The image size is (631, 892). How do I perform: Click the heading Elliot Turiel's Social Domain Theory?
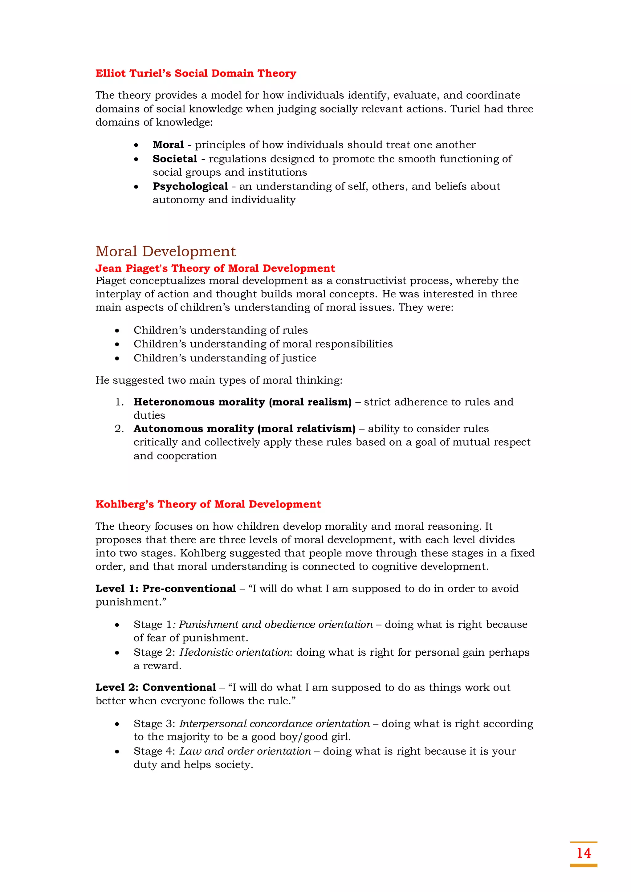click(x=196, y=73)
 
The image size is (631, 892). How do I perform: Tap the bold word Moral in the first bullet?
click(x=168, y=145)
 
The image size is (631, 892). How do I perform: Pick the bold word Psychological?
click(x=190, y=186)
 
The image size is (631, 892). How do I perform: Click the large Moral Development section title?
click(x=165, y=251)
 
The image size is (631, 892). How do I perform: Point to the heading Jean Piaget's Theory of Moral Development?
click(x=215, y=268)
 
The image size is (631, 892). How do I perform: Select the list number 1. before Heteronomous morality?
click(x=119, y=402)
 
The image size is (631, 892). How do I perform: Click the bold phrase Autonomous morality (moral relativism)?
click(x=244, y=429)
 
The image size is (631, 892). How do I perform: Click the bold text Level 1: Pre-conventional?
click(x=165, y=588)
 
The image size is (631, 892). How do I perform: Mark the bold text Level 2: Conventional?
click(x=155, y=687)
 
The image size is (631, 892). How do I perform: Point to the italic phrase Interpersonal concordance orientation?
click(x=274, y=723)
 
